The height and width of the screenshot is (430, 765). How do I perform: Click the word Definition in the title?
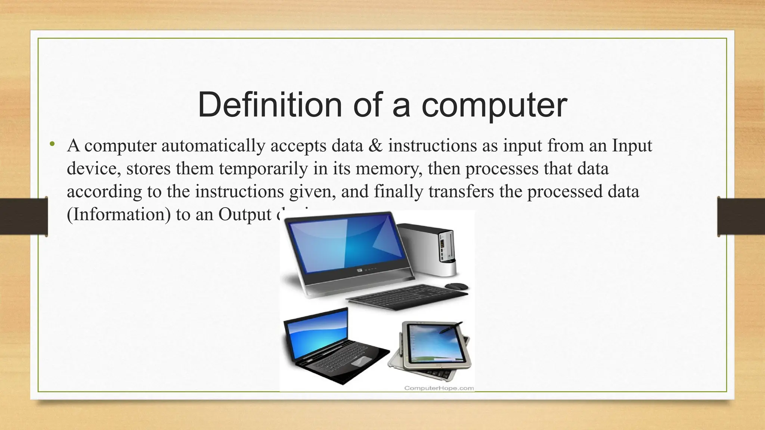269,105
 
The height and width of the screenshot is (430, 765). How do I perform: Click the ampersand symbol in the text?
375,145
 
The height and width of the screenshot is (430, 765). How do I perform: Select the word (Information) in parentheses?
118,214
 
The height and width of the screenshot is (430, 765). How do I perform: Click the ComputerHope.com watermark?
439,388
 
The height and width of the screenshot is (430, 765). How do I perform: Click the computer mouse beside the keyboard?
456,286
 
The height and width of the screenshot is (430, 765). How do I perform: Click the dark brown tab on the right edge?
741,216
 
